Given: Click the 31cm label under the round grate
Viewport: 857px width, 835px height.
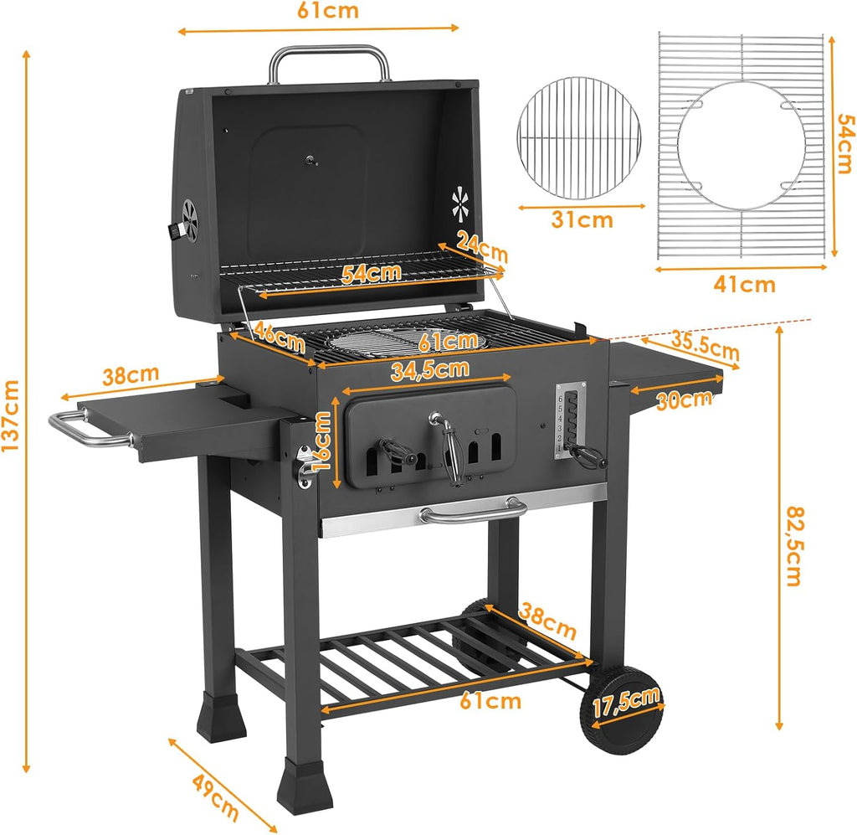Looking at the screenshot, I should click(x=582, y=220).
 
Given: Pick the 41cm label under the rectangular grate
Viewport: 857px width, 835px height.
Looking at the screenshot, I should click(x=745, y=285).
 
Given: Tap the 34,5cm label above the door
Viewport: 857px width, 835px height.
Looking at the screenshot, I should click(x=429, y=369).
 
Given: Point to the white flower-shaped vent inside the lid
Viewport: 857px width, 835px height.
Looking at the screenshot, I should click(x=459, y=203).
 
